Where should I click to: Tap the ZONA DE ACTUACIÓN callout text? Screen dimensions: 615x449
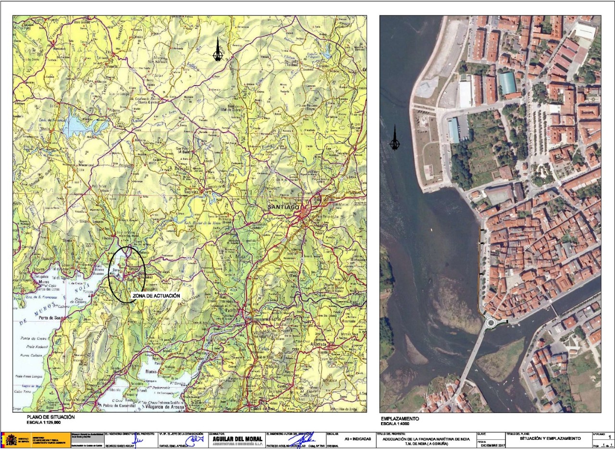tap(156, 296)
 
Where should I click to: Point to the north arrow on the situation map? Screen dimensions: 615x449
tap(218, 50)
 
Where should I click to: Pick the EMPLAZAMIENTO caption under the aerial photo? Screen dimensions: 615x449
tap(399, 419)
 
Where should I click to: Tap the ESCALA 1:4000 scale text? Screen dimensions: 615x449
tap(396, 424)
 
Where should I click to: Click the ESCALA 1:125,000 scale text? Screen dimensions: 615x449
tap(44, 423)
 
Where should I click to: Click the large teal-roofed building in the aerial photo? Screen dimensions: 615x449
tap(507, 83)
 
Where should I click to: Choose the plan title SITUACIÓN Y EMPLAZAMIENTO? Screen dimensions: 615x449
tap(550, 438)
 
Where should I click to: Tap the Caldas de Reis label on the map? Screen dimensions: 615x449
tap(263, 409)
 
